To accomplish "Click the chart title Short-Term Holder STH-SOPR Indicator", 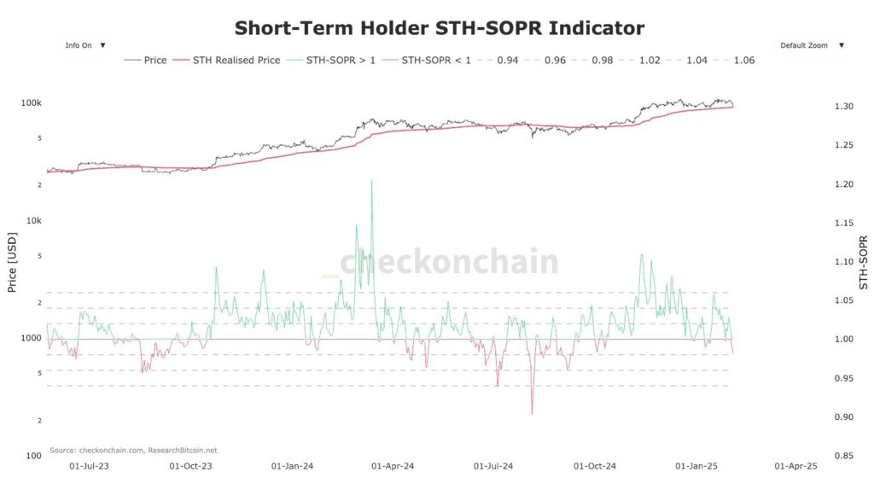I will click(x=439, y=28).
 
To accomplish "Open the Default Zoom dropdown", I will click(x=812, y=45).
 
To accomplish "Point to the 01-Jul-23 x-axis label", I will click(x=89, y=467).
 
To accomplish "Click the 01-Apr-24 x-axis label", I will click(x=392, y=467).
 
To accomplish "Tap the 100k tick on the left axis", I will click(x=32, y=103).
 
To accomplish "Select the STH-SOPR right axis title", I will click(x=863, y=261).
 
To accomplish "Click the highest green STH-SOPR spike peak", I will click(x=371, y=181).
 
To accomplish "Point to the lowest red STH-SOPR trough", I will click(x=532, y=414).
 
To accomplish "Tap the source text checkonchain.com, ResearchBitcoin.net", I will click(x=133, y=450).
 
